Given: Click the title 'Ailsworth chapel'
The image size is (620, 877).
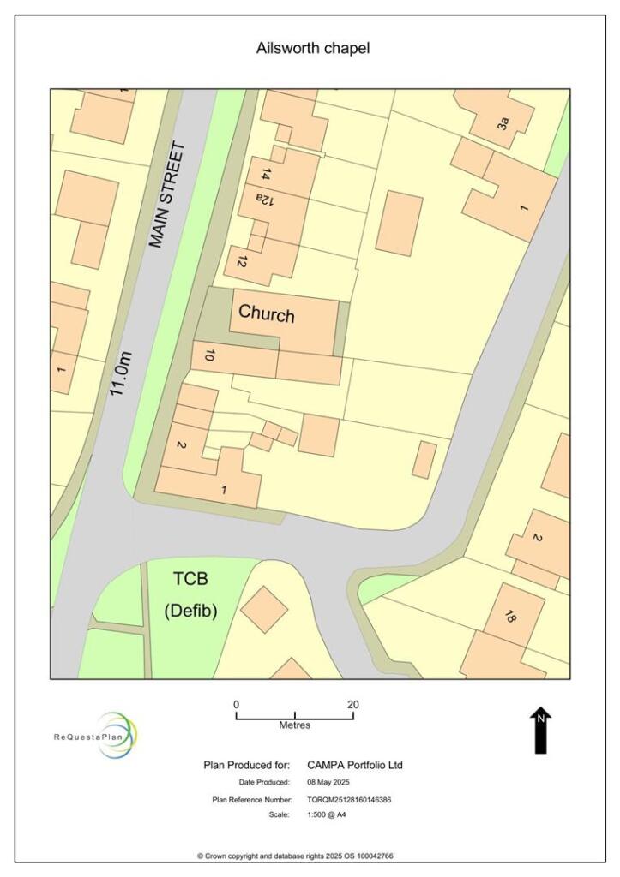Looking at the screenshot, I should tap(313, 49).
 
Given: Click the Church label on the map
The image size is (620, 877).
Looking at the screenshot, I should tap(266, 313).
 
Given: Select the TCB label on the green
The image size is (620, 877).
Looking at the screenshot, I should tap(191, 579).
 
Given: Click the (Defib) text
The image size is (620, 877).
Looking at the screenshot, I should tap(190, 611).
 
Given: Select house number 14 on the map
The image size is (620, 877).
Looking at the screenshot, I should tap(266, 175).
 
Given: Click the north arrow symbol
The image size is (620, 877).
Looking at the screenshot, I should tap(540, 731).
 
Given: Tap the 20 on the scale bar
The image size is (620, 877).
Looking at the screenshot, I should tap(352, 704).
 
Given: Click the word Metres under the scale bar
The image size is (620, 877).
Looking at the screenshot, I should tap(295, 725).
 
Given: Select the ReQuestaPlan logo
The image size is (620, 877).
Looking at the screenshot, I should tap(95, 735).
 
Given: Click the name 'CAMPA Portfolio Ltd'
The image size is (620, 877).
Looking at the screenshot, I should tap(355, 765).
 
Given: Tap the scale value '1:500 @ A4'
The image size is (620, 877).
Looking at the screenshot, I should tap(327, 814).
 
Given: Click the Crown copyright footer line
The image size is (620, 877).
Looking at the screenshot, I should tap(295, 856).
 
